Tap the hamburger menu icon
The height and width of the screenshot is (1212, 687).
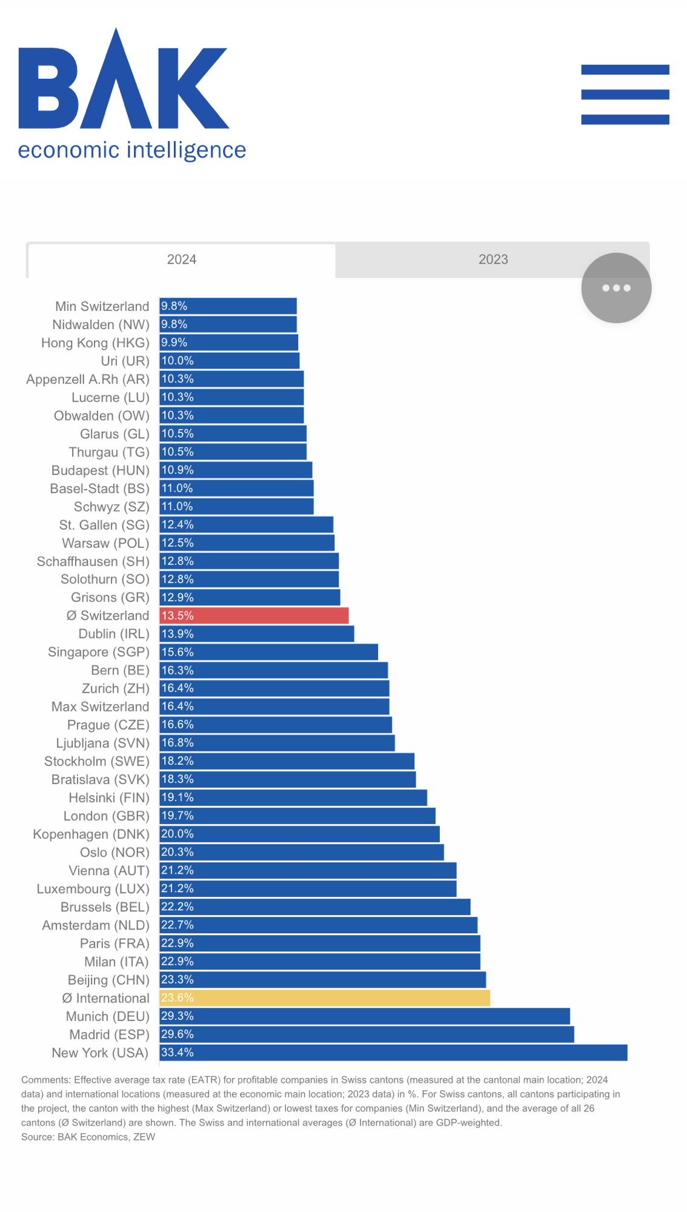(x=625, y=95)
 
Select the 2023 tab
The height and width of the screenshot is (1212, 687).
(x=493, y=259)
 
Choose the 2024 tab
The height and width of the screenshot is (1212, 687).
(x=182, y=259)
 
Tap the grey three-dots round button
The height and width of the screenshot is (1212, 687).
(x=616, y=288)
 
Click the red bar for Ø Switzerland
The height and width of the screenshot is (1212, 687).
(x=254, y=616)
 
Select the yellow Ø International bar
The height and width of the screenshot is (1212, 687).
(x=325, y=998)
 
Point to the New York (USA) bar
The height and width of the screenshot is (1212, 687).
(x=393, y=1053)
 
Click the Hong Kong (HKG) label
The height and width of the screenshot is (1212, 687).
(x=95, y=343)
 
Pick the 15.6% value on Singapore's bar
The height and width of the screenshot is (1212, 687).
(x=178, y=652)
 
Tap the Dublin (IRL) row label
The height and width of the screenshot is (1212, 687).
(x=114, y=634)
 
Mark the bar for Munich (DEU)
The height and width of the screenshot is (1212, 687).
(x=365, y=1016)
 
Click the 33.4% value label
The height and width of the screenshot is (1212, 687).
(x=178, y=1053)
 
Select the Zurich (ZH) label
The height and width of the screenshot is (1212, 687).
(x=116, y=688)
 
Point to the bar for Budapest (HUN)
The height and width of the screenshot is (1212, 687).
(x=236, y=470)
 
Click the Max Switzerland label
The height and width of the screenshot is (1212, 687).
(x=101, y=707)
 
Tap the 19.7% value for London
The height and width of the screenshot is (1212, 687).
(x=178, y=816)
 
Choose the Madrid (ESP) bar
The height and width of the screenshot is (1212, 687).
(x=367, y=1034)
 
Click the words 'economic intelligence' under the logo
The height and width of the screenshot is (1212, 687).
(x=132, y=150)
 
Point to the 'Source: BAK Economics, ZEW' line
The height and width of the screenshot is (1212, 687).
(x=88, y=1137)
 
